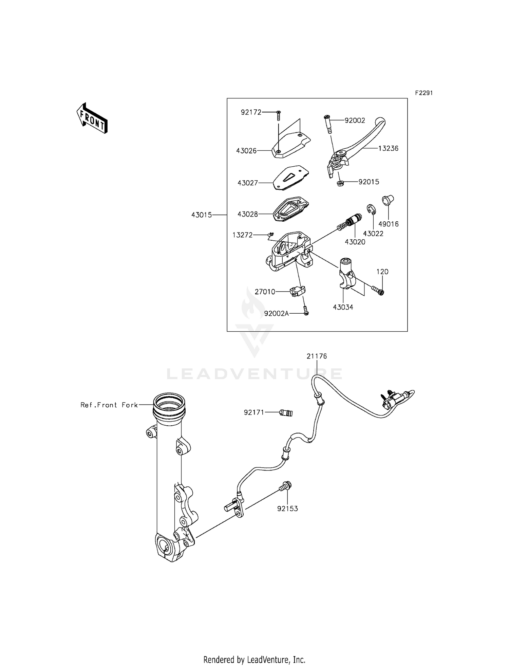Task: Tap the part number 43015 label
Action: [202, 215]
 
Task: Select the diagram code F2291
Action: [423, 93]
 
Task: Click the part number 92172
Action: [251, 112]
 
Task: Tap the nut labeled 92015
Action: [340, 184]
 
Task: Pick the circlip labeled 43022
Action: [371, 209]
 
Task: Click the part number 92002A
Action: [276, 314]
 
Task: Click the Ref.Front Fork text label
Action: [109, 405]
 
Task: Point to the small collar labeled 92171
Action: [285, 413]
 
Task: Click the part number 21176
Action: [317, 356]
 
